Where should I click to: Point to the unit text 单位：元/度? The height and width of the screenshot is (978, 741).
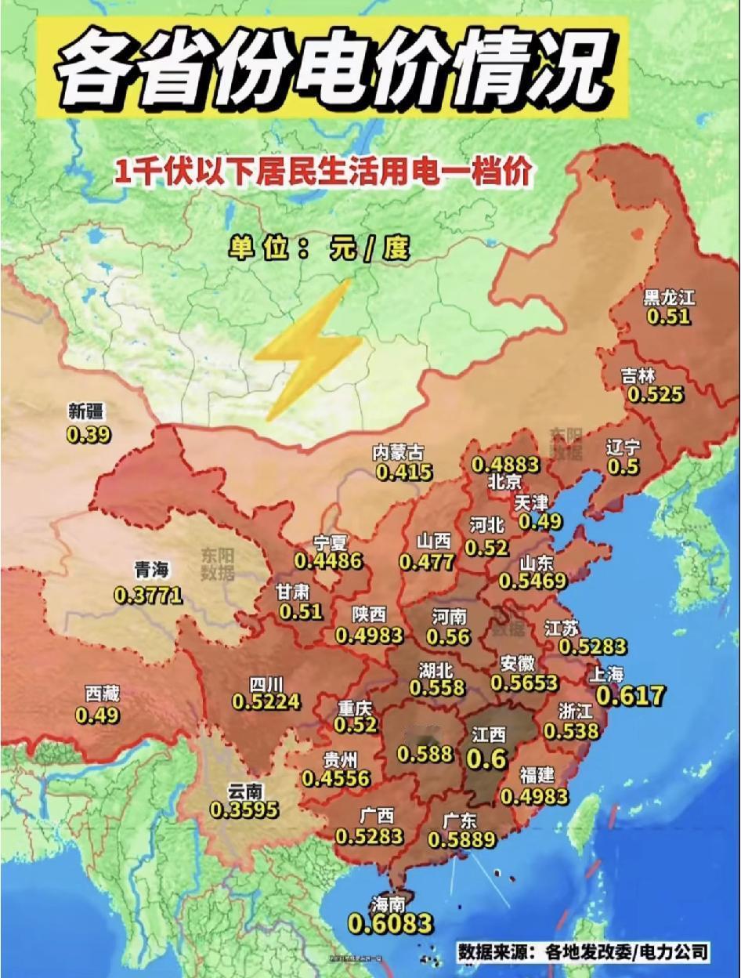[320, 248]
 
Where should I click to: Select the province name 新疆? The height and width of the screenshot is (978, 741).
[85, 411]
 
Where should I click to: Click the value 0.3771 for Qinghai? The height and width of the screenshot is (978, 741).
[148, 596]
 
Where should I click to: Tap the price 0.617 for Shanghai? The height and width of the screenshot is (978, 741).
[630, 695]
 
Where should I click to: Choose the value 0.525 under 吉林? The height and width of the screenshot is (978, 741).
[655, 395]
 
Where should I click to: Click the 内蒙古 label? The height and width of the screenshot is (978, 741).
[398, 453]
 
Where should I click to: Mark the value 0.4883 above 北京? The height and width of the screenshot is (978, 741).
[505, 464]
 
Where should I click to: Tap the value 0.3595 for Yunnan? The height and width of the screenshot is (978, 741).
[244, 810]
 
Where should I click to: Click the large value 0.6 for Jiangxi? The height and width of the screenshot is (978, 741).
[487, 759]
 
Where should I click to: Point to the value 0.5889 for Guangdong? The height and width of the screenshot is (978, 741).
[461, 839]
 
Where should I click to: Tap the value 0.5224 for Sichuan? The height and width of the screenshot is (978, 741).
[266, 701]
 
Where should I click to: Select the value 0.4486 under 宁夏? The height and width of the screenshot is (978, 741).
[328, 561]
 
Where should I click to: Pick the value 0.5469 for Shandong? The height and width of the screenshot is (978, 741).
[533, 581]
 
